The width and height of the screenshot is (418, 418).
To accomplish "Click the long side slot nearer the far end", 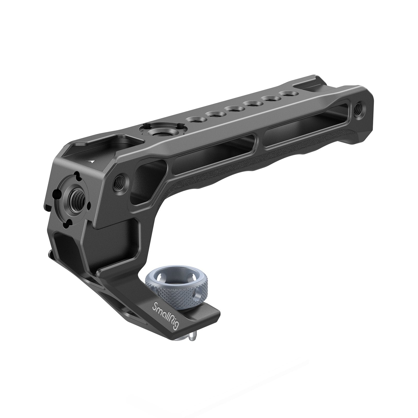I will [x=308, y=118].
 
